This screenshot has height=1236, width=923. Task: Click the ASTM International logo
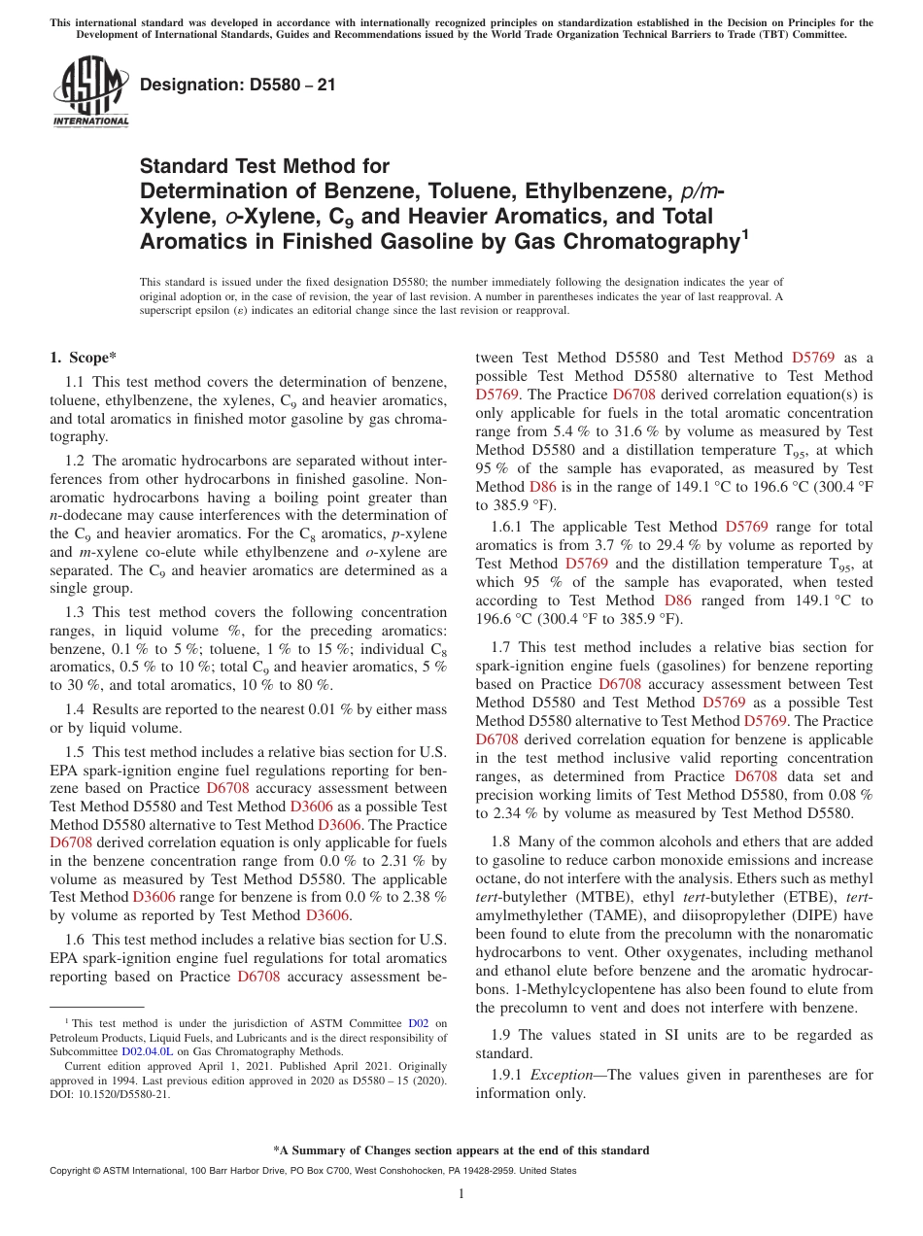pos(90,91)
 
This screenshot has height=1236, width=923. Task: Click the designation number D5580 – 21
pos(238,85)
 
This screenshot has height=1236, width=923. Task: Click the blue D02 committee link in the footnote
pos(418,1023)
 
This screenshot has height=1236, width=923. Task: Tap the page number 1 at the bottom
pos(461,1194)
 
